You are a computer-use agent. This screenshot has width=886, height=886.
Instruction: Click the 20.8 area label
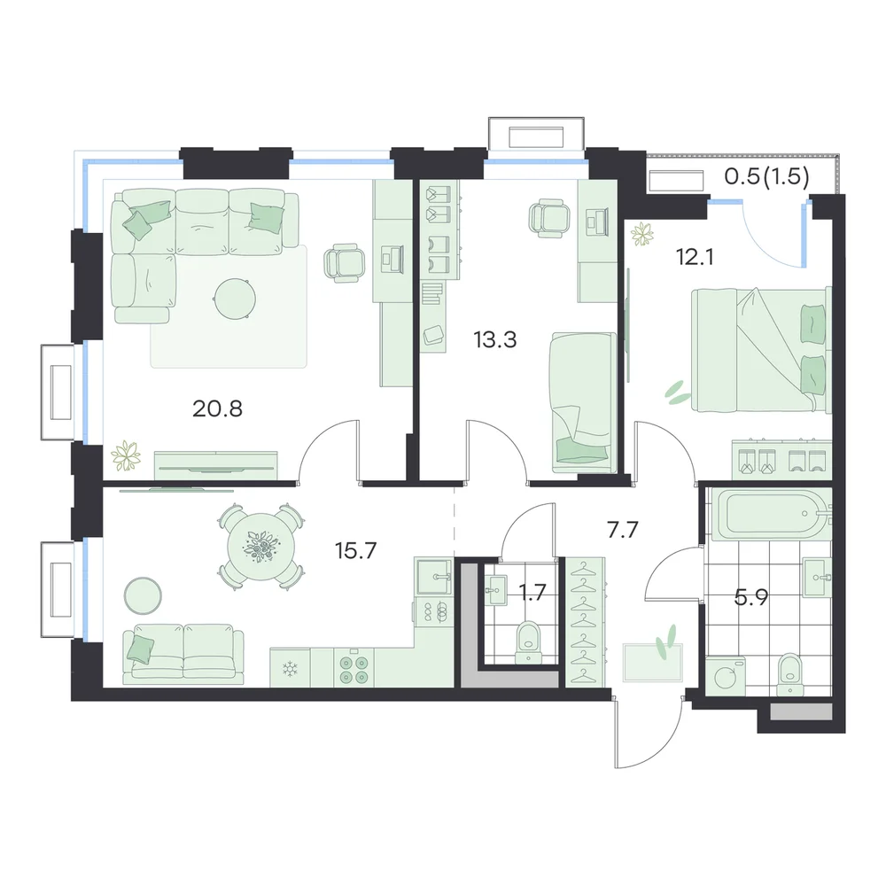click(x=218, y=408)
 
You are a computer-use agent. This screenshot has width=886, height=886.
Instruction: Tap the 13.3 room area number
click(x=495, y=340)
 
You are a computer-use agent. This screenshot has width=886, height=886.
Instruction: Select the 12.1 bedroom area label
click(x=695, y=257)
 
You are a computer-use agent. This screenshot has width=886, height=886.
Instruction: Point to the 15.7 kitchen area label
click(x=355, y=550)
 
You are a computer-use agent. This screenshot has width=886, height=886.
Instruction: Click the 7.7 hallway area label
click(x=622, y=530)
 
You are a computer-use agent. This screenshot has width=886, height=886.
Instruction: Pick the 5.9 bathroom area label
click(x=751, y=596)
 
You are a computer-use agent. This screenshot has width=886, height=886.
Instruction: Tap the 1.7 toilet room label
click(x=532, y=592)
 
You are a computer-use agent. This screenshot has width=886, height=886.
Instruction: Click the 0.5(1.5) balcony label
click(x=766, y=177)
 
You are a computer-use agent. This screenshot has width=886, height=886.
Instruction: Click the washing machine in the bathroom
click(x=726, y=676)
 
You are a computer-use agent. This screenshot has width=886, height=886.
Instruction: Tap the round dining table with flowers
click(x=261, y=547)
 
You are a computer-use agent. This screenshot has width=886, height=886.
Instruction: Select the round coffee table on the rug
click(x=235, y=299)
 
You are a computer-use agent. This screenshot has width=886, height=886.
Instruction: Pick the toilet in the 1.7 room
click(x=528, y=641)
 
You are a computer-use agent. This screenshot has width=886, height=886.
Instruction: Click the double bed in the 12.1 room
click(x=761, y=351)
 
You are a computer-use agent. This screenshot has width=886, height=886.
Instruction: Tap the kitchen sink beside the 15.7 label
click(x=433, y=577)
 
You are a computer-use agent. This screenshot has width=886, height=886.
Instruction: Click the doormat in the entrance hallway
click(x=653, y=662)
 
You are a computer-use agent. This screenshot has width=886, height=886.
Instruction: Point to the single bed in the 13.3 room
click(x=584, y=402)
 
